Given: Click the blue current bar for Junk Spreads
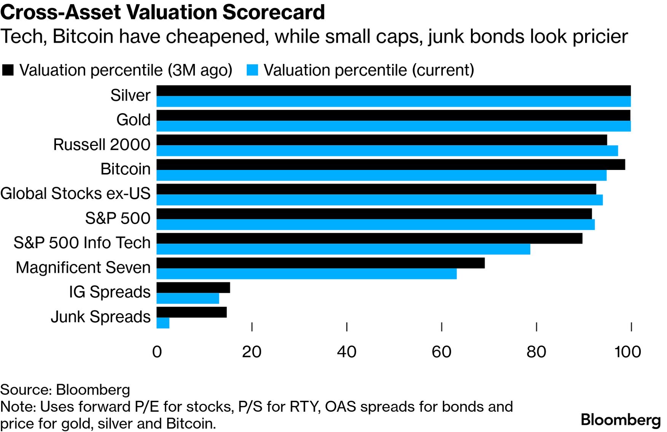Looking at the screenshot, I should click(163, 323).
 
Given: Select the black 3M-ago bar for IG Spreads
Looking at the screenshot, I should click(193, 288).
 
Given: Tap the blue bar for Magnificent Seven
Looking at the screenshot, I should click(306, 274).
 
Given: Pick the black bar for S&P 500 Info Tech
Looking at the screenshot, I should click(369, 238).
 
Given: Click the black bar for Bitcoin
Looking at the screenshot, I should click(391, 165).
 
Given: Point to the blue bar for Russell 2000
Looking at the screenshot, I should click(387, 151).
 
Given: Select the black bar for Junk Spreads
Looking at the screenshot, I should click(191, 312).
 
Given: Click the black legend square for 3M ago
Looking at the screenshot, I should click(8, 70).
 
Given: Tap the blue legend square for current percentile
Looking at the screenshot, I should click(252, 70).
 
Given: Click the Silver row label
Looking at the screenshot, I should click(130, 95).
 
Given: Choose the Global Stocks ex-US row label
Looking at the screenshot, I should click(75, 194).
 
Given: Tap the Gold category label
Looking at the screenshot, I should click(133, 120).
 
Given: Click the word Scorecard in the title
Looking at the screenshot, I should click(273, 12).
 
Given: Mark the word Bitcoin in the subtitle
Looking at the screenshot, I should click(83, 37).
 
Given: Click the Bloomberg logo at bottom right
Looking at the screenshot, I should click(621, 420).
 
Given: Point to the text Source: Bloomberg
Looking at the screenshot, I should click(65, 390).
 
